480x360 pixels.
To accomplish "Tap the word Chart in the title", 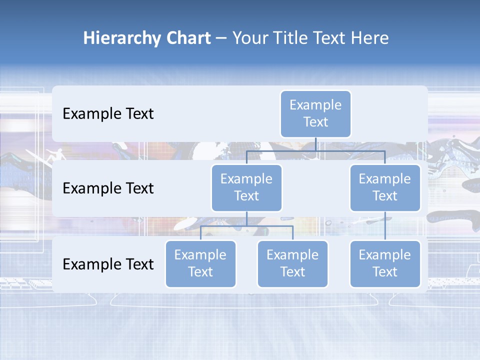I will pyautogui.click(x=187, y=38).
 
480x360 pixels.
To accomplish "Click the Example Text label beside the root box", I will pyautogui.click(x=108, y=114).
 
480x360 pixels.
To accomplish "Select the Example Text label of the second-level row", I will pyautogui.click(x=108, y=188).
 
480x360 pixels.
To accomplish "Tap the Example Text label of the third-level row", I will pyautogui.click(x=108, y=264).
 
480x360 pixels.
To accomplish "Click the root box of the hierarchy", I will pyautogui.click(x=315, y=114).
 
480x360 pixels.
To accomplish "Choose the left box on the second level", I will pyautogui.click(x=246, y=188).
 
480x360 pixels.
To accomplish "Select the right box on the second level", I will pyautogui.click(x=385, y=188).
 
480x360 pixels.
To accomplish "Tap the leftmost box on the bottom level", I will pyautogui.click(x=200, y=264).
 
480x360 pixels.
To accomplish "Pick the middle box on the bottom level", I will pyautogui.click(x=292, y=264).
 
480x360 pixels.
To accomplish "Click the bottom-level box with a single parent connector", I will pyautogui.click(x=385, y=264).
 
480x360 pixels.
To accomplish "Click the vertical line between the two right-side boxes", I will pyautogui.click(x=385, y=226).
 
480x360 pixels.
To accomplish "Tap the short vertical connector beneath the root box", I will pyautogui.click(x=315, y=144).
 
